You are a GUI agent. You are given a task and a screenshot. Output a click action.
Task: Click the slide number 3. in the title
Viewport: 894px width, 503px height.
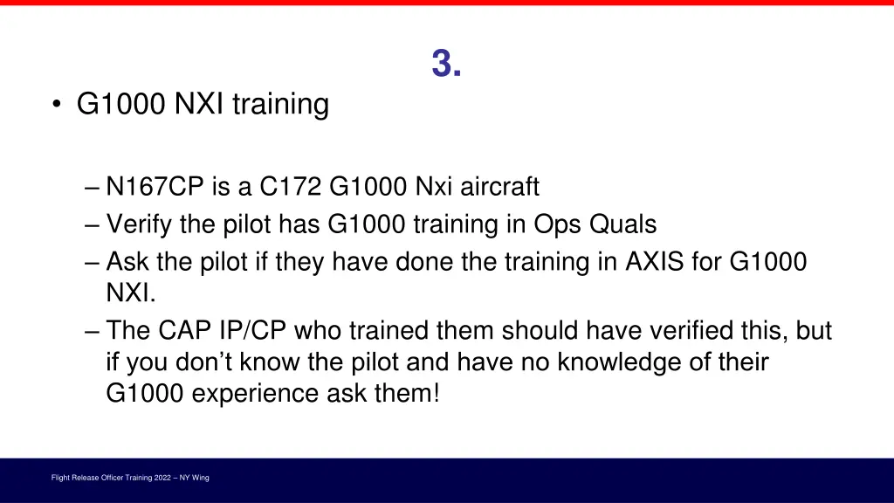[446, 64]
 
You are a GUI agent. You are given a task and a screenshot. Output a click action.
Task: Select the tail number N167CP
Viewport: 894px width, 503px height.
[153, 187]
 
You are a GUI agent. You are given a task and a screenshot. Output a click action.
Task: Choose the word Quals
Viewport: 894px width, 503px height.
[622, 224]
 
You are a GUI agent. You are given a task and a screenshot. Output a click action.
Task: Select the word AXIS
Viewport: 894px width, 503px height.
[655, 261]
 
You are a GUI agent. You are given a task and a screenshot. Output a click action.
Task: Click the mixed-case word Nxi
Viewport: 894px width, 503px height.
[434, 187]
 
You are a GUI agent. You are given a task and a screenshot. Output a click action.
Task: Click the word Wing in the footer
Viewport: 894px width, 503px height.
[201, 478]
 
